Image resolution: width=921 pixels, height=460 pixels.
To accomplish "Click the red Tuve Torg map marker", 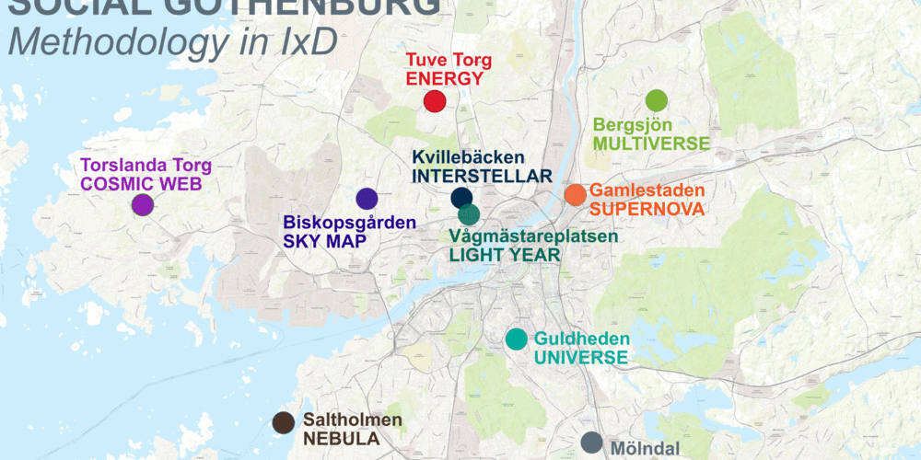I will [435, 102].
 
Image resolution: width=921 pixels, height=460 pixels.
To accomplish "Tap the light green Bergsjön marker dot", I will [656, 100].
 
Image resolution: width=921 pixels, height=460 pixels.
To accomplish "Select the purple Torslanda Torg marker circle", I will [142, 204].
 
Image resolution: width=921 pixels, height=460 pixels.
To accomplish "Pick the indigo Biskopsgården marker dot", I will [367, 198].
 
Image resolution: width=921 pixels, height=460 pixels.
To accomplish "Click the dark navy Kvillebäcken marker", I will [461, 197].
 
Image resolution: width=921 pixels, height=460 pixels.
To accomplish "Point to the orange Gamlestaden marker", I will [575, 194].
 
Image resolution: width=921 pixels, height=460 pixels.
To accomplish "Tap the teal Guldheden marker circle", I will [517, 339].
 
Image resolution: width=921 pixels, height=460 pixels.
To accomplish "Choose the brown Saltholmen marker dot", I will [284, 422].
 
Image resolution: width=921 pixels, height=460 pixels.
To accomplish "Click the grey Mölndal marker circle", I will [591, 443].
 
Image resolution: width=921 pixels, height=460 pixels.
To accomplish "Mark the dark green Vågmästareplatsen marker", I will [469, 215].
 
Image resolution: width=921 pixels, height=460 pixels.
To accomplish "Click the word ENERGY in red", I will [444, 79].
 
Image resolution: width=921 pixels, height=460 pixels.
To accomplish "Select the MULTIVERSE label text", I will [651, 144].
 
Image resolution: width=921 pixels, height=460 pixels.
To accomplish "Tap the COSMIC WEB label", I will [141, 184].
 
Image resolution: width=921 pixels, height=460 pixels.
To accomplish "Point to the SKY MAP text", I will [325, 241].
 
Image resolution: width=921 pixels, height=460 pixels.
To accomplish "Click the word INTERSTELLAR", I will [482, 176].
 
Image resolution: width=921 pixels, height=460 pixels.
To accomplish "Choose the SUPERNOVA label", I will [646, 209].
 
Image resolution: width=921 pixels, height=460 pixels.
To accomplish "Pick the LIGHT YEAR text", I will [505, 255].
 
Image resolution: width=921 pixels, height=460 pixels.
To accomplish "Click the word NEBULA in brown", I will [341, 439].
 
